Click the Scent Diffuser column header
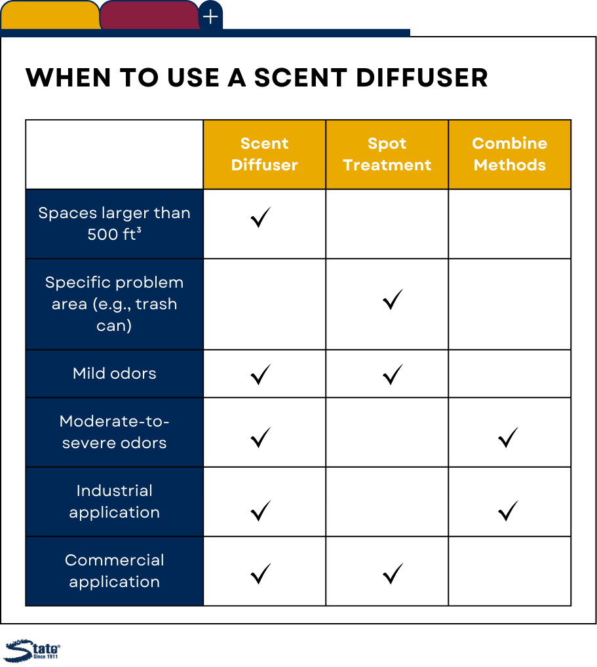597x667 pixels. click(x=264, y=154)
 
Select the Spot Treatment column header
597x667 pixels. click(x=387, y=154)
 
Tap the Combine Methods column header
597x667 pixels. click(x=509, y=154)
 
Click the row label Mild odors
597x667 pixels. click(x=115, y=373)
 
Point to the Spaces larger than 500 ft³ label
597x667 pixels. click(x=115, y=223)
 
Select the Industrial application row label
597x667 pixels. click(x=115, y=501)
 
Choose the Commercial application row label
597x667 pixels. click(x=115, y=571)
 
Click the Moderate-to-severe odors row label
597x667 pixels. click(x=115, y=432)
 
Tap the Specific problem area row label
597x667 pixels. click(x=115, y=304)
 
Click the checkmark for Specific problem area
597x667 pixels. click(x=393, y=300)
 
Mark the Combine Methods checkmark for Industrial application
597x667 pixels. click(x=508, y=511)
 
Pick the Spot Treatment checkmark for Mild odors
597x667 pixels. click(x=393, y=375)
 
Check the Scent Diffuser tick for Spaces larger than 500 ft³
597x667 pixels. click(x=260, y=218)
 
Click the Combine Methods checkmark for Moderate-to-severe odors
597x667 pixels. click(x=508, y=438)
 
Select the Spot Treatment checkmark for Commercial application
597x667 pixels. click(x=393, y=574)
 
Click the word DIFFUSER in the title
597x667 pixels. click(x=421, y=78)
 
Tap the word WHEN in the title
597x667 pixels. click(x=69, y=78)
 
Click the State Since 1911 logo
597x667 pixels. click(x=32, y=651)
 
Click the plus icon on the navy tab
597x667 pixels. click(x=210, y=17)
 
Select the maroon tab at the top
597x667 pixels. click(x=149, y=15)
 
